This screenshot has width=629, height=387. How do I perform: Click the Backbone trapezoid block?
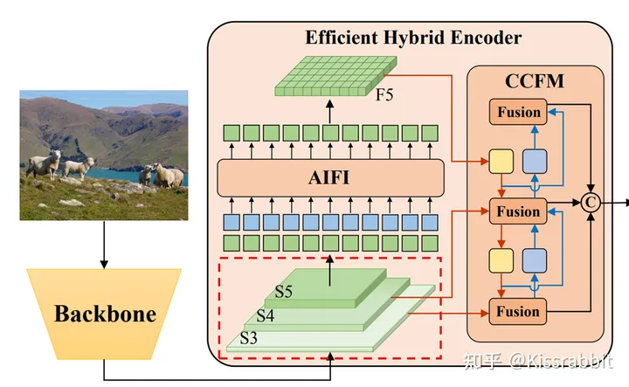(105, 314)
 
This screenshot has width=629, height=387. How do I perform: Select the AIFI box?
(330, 179)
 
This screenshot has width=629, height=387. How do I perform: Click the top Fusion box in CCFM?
(519, 112)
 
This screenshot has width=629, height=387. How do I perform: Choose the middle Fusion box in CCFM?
(519, 211)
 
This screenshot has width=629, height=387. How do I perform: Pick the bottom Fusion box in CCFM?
(519, 311)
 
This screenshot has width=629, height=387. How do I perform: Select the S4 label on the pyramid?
(266, 315)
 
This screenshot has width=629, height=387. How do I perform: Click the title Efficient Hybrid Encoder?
(413, 38)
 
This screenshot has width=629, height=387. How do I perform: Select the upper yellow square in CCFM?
(501, 162)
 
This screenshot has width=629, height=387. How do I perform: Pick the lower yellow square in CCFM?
(501, 261)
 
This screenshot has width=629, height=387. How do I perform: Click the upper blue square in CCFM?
(534, 162)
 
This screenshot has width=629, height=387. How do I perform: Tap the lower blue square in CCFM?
(534, 261)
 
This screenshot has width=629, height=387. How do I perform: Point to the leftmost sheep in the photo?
(44, 162)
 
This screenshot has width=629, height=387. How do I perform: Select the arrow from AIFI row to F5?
(330, 112)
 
